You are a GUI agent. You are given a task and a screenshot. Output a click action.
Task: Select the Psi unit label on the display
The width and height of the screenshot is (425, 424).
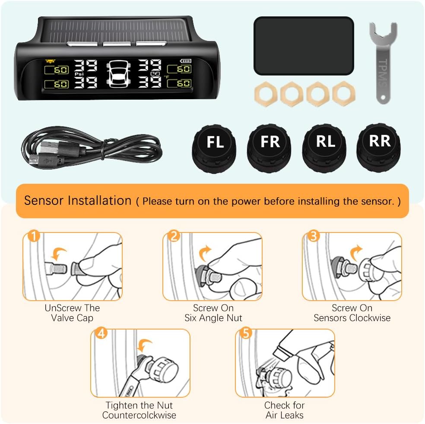[79, 74]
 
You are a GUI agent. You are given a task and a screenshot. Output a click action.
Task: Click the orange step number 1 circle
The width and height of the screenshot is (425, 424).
[33, 236]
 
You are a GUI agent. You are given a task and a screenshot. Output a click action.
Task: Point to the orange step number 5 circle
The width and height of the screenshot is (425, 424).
[245, 333]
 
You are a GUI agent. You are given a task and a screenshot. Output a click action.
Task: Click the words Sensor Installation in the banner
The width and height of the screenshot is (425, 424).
[78, 201]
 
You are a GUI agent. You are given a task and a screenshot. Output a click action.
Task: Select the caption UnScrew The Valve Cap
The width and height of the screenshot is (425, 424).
[72, 313]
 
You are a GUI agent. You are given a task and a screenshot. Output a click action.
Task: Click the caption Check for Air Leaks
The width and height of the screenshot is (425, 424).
[284, 410]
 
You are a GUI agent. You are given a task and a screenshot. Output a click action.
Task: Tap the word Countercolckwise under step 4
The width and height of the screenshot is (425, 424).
[139, 415]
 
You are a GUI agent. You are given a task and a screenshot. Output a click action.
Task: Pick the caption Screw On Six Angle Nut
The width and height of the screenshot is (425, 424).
[213, 313]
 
